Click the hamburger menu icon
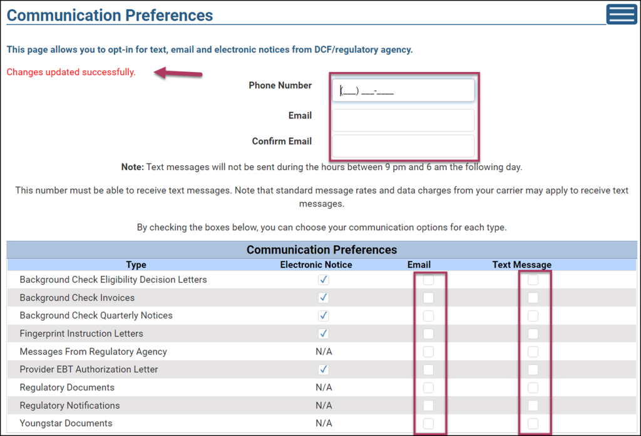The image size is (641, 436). (x=622, y=14)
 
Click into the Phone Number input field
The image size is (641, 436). (x=403, y=90)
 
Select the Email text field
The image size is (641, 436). (x=403, y=119)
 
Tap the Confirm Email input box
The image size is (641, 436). (x=403, y=146)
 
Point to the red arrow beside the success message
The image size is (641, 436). (x=178, y=73)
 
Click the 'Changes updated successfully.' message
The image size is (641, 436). (x=71, y=72)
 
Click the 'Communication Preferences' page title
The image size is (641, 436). (x=110, y=15)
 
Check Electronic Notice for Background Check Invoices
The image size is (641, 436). (x=324, y=298)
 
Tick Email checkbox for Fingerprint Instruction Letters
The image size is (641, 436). (x=428, y=333)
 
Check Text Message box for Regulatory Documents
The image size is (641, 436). (x=533, y=387)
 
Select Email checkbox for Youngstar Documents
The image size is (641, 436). (x=428, y=423)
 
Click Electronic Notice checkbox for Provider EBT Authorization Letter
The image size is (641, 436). (x=324, y=370)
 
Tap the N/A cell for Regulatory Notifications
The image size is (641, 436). (x=324, y=405)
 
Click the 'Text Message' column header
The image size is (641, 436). (x=521, y=265)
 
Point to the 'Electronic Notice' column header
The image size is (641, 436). (x=316, y=265)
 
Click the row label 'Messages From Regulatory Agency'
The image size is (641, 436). (x=93, y=352)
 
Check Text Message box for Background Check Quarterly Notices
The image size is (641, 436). (x=533, y=315)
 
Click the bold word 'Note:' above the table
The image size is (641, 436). (x=133, y=167)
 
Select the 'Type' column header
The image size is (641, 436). (x=136, y=265)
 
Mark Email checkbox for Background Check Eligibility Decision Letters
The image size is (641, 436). (x=428, y=280)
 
